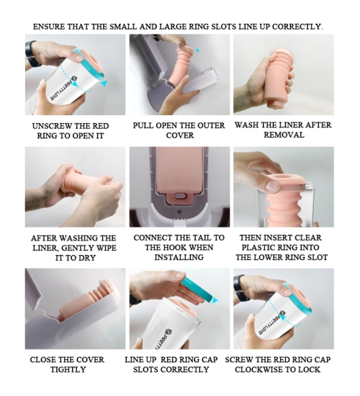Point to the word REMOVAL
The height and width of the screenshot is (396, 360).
tap(284, 135)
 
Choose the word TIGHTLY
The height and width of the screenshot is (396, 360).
tap(68, 369)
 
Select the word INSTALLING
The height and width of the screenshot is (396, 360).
tap(179, 257)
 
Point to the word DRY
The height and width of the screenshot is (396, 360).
tap(86, 258)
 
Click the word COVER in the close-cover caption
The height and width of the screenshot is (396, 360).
tap(90, 359)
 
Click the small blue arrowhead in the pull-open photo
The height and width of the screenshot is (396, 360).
tap(197, 50)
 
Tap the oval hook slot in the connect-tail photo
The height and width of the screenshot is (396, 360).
tap(180, 196)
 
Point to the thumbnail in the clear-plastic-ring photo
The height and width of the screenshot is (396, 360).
tap(273, 186)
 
